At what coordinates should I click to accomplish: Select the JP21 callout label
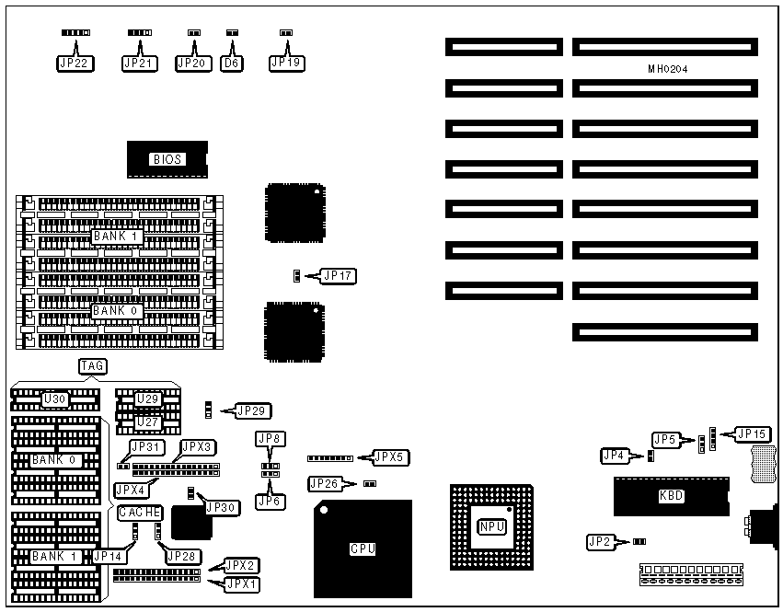point(140,64)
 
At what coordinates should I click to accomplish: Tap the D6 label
point(232,64)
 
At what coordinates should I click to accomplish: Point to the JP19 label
point(285,64)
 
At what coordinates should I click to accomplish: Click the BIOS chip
point(167,159)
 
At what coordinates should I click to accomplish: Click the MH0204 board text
point(667,69)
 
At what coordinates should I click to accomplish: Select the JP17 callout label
point(338,275)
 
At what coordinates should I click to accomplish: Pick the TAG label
point(92,366)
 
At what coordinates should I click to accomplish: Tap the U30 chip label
point(54,399)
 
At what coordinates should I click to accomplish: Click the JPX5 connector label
point(390,456)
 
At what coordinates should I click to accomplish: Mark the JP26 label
point(326,483)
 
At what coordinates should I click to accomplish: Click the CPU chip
point(363,549)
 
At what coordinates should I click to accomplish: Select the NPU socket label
point(491,526)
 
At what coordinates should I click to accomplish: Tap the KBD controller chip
point(672,496)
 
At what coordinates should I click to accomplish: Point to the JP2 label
point(602,542)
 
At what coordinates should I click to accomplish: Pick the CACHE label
point(140,513)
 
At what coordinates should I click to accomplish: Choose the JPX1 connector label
point(242,583)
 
